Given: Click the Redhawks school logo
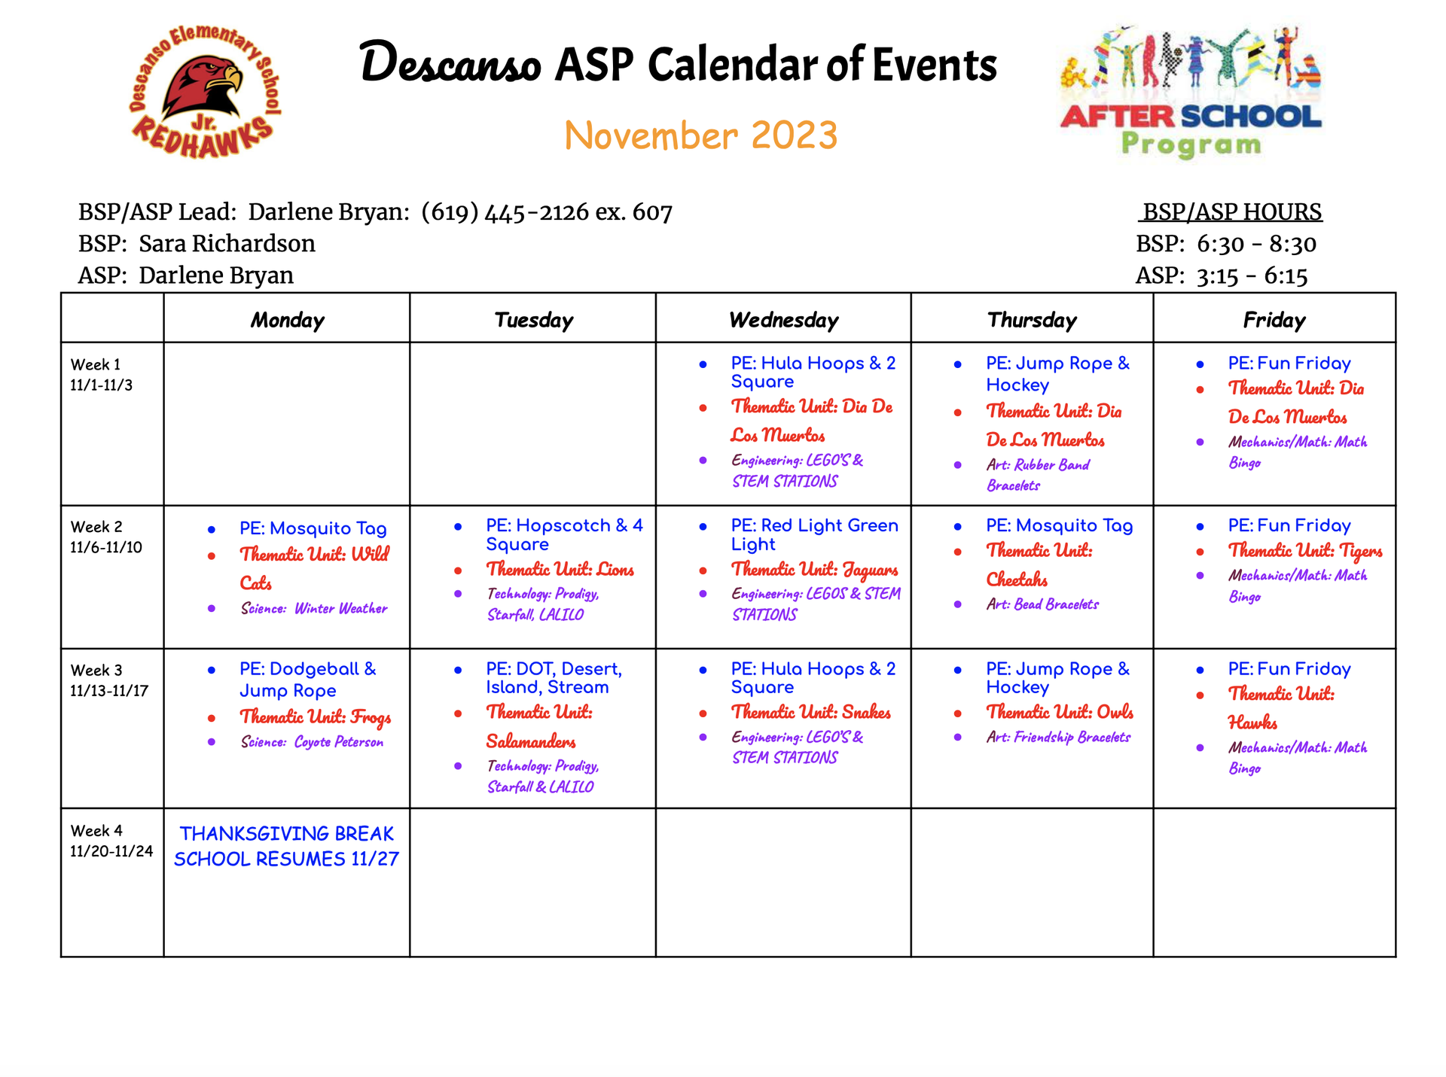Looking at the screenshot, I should click(x=204, y=92).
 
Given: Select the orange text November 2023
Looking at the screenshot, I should click(x=700, y=136).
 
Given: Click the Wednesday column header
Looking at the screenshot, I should click(x=783, y=320).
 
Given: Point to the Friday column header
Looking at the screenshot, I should click(x=1274, y=320).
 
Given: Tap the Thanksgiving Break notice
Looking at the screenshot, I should click(x=286, y=846).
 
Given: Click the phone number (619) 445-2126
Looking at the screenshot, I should click(x=505, y=212).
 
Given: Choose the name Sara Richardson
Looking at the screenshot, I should click(x=227, y=244).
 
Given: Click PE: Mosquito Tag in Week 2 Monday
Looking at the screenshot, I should click(x=313, y=528).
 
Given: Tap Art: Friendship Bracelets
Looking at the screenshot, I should click(x=1058, y=738).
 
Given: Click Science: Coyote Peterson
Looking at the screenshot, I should click(x=312, y=742).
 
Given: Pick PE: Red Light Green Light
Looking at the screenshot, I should click(x=814, y=534).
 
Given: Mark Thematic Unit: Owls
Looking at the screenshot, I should click(x=1060, y=712).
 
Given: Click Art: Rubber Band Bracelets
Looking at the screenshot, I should click(x=1038, y=475).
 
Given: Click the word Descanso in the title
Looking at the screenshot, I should click(x=450, y=63).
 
